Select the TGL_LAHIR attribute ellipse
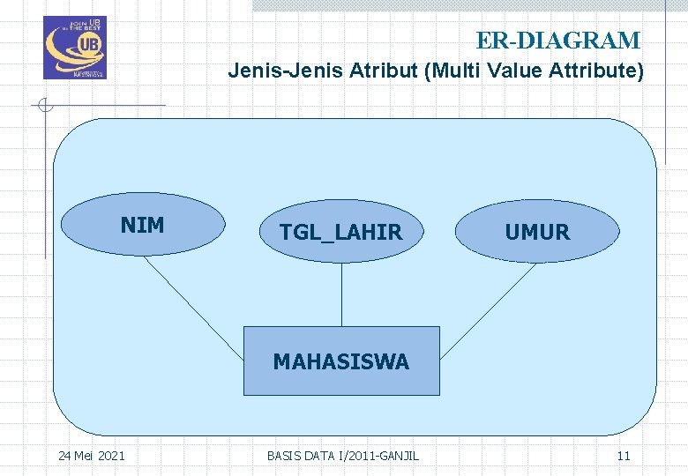tap(340, 232)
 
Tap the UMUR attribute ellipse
tap(537, 232)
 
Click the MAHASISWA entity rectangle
tap(341, 361)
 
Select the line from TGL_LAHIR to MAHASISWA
tap(341, 294)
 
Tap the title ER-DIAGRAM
tap(557, 41)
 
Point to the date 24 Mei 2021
tap(91, 455)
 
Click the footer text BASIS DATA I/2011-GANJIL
tap(342, 455)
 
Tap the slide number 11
tap(624, 455)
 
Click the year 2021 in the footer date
tap(110, 455)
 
